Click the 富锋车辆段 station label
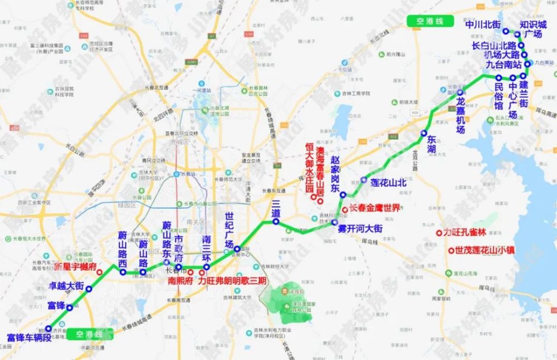coord(29,337)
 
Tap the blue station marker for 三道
coord(276,222)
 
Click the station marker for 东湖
coord(424,133)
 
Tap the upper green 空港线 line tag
coord(432,21)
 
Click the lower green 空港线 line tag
coord(89,334)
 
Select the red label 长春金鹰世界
coord(374,208)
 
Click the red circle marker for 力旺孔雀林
coord(439,232)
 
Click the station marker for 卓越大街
coord(89,288)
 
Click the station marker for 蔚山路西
coord(123,273)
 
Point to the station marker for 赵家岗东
coord(343,194)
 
